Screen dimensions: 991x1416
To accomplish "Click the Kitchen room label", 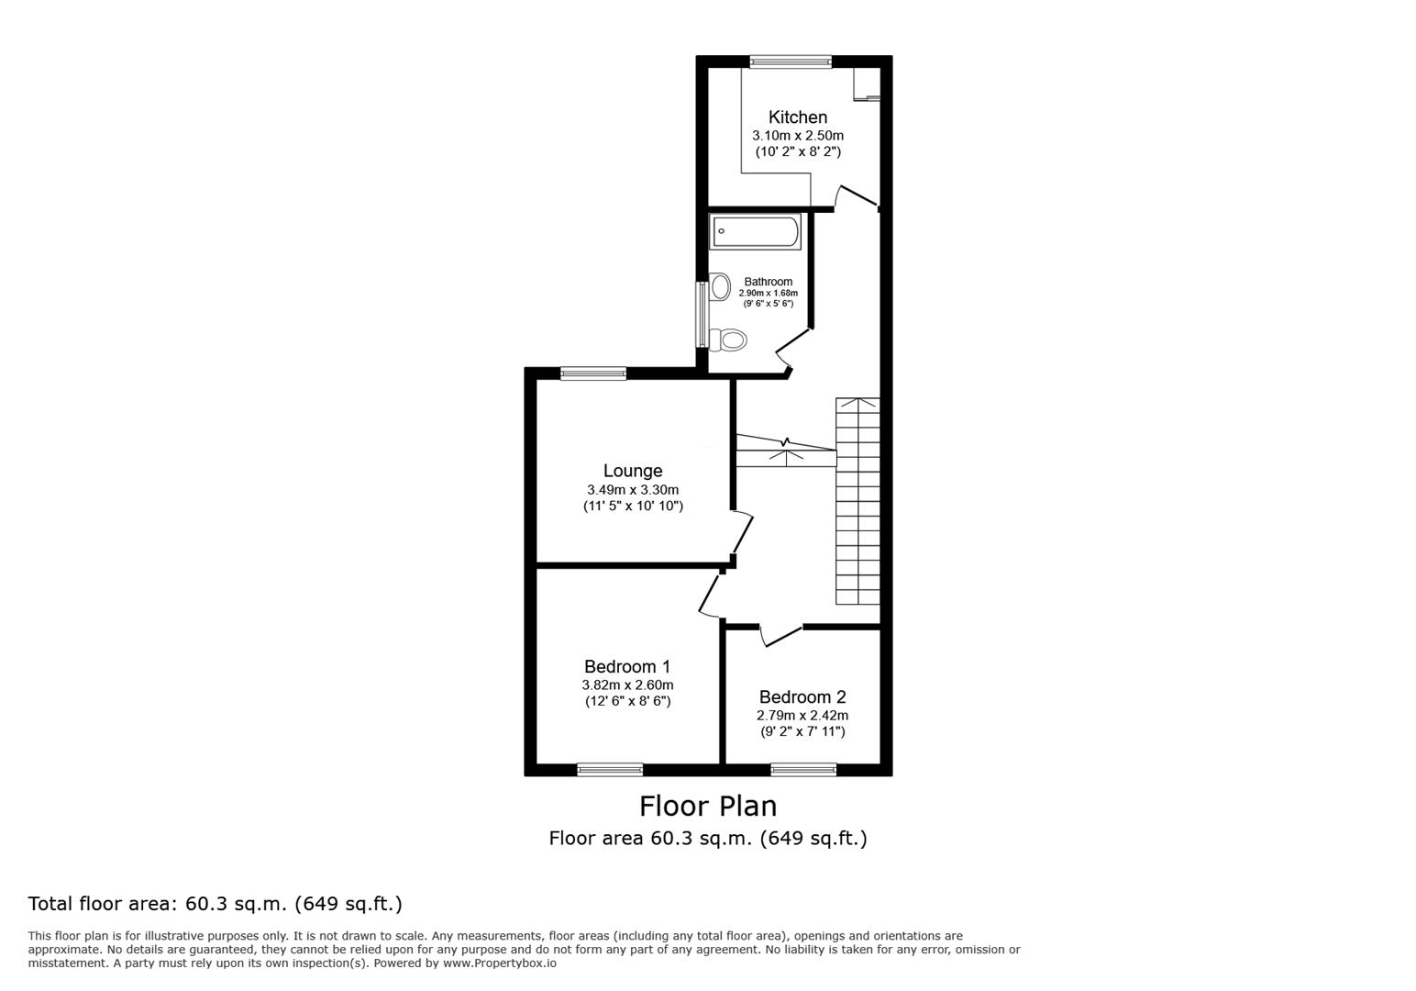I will coord(797,117).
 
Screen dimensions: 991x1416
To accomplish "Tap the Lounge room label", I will coord(632,472).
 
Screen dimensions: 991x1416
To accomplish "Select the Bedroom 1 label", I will coord(627,667).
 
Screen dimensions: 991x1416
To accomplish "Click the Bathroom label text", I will coord(768,282).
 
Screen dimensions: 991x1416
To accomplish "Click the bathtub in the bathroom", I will coord(756,231).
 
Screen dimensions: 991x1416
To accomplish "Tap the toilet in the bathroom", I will coord(730,341).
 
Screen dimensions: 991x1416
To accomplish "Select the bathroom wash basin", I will coord(720,286).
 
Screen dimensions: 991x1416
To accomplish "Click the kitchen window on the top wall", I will coord(790,62).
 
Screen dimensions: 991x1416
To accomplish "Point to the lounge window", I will coord(593,373).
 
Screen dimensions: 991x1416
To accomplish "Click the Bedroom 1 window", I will coord(610,770).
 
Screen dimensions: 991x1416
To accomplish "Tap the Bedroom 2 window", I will coord(803,770).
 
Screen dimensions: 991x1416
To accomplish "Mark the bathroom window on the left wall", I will coord(702,314).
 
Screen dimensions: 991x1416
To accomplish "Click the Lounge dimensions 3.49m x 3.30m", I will coord(633,490).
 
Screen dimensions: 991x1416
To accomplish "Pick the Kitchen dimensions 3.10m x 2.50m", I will coord(797,136).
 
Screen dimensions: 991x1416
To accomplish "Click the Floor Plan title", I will coord(707,806).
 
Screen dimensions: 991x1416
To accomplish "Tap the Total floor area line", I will coord(215,904).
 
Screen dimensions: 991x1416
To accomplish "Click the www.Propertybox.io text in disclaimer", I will coord(500,963).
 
